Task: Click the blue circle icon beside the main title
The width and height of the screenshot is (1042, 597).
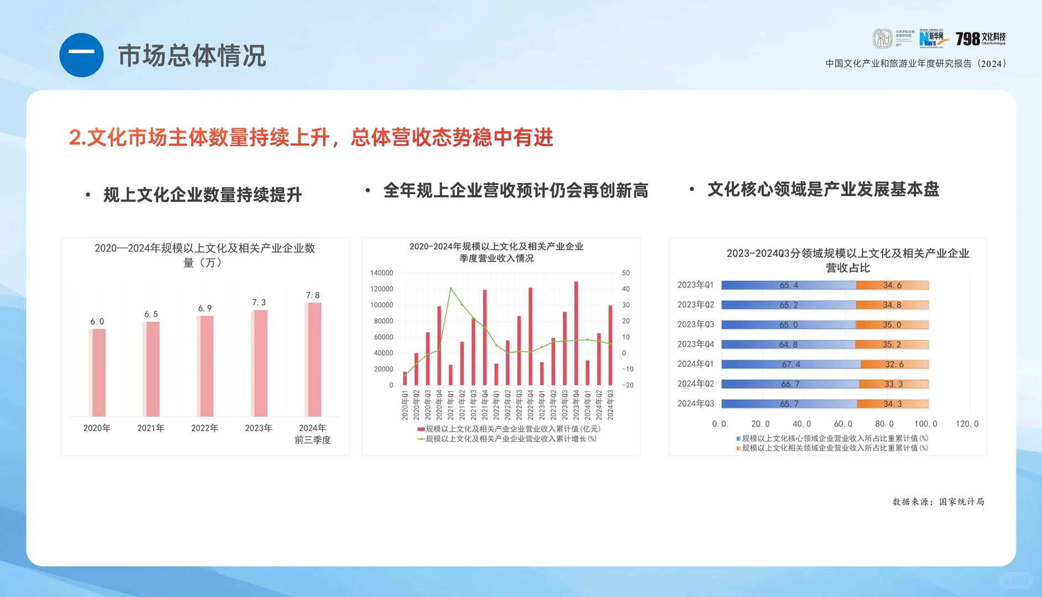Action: click(81, 55)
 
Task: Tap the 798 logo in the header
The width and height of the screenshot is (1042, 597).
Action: click(980, 39)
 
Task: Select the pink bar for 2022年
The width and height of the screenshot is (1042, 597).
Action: click(206, 365)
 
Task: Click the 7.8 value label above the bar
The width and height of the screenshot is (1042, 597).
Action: click(313, 295)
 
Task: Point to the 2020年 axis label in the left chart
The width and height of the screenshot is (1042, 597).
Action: click(97, 428)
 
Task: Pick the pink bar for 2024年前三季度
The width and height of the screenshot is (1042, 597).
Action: click(313, 359)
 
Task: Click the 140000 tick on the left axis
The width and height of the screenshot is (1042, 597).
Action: click(381, 273)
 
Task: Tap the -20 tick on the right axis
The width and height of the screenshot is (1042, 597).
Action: click(627, 385)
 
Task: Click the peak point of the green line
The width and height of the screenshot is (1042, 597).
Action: click(451, 289)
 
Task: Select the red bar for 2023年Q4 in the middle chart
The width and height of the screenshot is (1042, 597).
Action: click(576, 333)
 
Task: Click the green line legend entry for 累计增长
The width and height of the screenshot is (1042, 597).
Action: click(506, 439)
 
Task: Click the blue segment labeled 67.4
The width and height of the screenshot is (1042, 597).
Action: click(790, 364)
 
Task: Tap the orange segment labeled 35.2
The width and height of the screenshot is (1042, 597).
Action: click(891, 344)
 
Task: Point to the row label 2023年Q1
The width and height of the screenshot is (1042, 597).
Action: click(695, 285)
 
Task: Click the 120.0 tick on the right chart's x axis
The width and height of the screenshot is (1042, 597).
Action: click(967, 424)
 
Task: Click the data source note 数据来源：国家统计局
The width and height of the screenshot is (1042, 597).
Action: click(938, 502)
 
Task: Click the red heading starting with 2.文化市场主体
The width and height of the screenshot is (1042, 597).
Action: click(311, 138)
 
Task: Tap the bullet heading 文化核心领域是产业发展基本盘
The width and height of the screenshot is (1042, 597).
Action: click(823, 189)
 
